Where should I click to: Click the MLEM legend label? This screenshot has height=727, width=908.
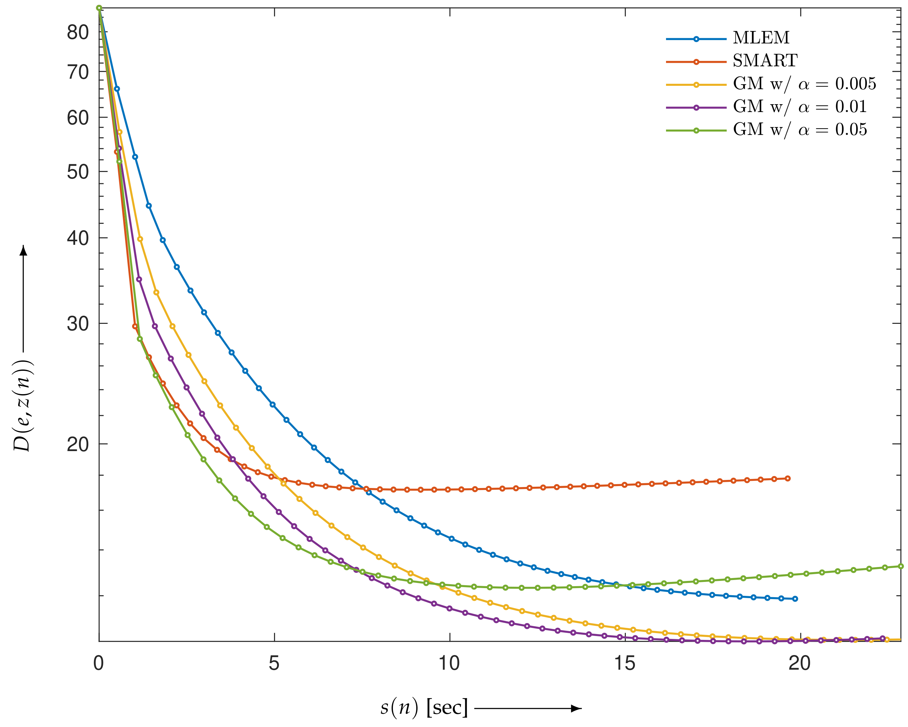point(761,38)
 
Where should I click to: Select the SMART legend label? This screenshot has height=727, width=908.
point(765,61)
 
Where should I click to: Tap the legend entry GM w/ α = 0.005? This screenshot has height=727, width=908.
point(804,84)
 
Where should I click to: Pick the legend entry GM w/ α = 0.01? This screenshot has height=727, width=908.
point(800,107)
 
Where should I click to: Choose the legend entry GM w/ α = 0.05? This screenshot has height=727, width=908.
point(800,129)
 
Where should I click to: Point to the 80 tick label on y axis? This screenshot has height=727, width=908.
point(78,32)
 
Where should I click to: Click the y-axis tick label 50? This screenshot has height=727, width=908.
point(78,172)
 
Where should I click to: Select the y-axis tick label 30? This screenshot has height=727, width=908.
point(78,324)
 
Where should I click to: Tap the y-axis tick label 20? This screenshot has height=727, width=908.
point(78,444)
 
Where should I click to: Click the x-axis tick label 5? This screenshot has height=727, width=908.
point(274,664)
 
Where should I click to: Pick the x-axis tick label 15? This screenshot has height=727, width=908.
point(625,664)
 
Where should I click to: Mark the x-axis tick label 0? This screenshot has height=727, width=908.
point(98,664)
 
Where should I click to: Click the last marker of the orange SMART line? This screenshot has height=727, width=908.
point(788,479)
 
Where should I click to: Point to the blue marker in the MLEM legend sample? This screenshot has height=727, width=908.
point(696,39)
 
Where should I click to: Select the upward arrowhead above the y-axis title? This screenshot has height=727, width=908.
point(24,250)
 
